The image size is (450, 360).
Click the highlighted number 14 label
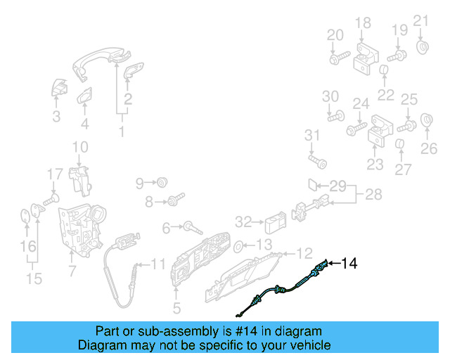coord(349,264)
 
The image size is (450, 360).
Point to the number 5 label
coord(176,307)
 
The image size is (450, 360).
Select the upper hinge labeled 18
coord(365,56)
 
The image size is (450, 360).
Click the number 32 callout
coord(243,222)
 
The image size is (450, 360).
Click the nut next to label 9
coord(162,183)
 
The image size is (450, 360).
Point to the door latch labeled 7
coord(83,229)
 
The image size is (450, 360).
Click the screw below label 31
coord(318,162)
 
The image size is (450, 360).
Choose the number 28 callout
coord(373,193)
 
